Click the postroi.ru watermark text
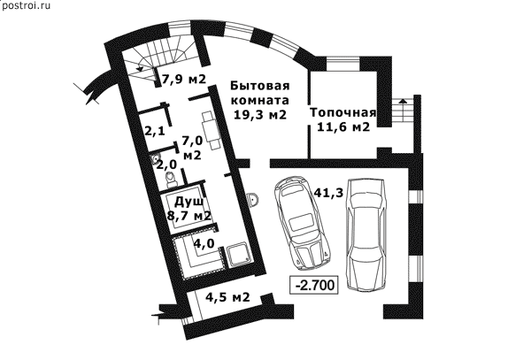tap(26, 5)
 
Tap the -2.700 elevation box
tap(314, 285)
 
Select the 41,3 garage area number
tap(328, 193)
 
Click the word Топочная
tap(343, 112)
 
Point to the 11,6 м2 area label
tap(342, 127)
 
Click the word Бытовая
tap(260, 86)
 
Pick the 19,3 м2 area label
tap(260, 115)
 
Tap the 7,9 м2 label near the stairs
tap(184, 80)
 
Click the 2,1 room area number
tap(155, 130)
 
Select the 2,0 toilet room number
tap(166, 165)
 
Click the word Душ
tap(189, 202)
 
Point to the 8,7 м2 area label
tap(189, 215)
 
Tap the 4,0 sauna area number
tap(204, 243)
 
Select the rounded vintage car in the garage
tap(302, 224)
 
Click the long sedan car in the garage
tap(366, 234)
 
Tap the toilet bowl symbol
tap(170, 179)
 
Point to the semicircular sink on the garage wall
tap(253, 200)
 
